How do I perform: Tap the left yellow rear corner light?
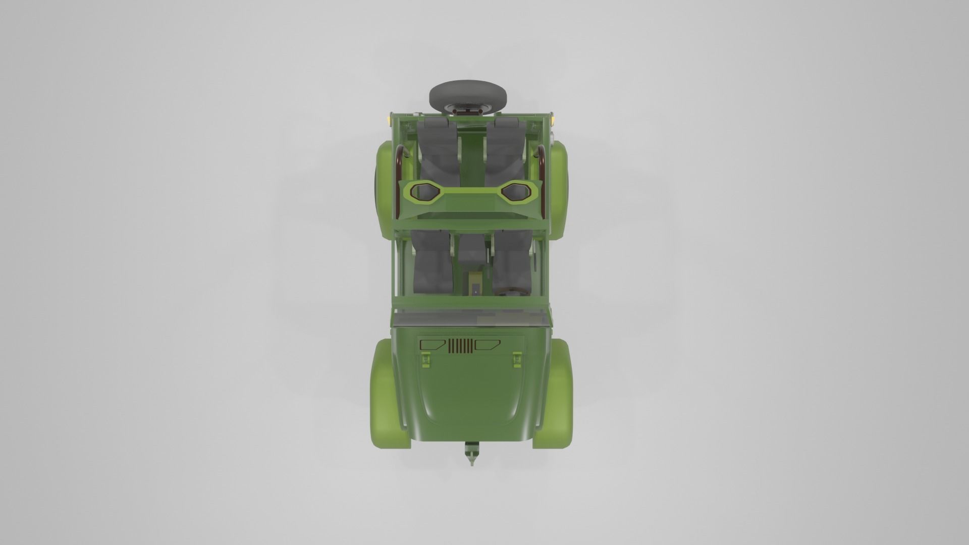pos(388,120)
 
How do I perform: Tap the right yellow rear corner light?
pos(554,120)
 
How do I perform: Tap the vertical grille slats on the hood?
pos(460,346)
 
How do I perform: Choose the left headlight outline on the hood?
pos(433,345)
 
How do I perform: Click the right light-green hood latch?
pos(517,359)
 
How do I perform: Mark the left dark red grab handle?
pos(399,177)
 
